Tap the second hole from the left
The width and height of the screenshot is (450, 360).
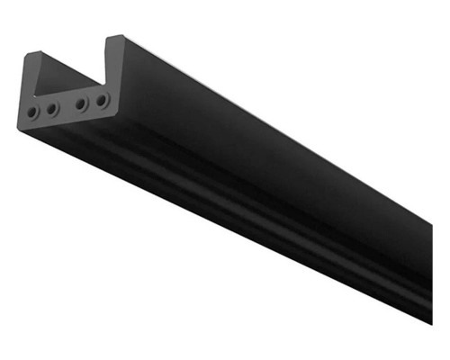coord(52,109)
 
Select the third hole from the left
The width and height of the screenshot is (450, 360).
coord(82,103)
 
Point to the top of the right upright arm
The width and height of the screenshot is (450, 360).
coord(114,39)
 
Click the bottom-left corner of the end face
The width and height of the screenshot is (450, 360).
coord(22,129)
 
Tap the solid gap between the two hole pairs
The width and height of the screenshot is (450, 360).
coord(67,106)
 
